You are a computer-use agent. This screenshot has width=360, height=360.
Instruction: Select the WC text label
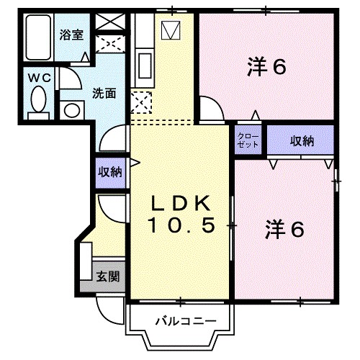37,76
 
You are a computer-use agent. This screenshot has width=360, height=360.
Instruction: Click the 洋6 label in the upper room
266,66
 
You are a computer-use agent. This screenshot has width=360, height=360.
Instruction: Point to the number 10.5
182,225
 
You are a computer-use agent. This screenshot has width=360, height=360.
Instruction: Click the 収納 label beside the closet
302,141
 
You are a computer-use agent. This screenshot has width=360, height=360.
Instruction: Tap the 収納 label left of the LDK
110,172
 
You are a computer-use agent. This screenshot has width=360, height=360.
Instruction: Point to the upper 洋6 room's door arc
210,109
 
